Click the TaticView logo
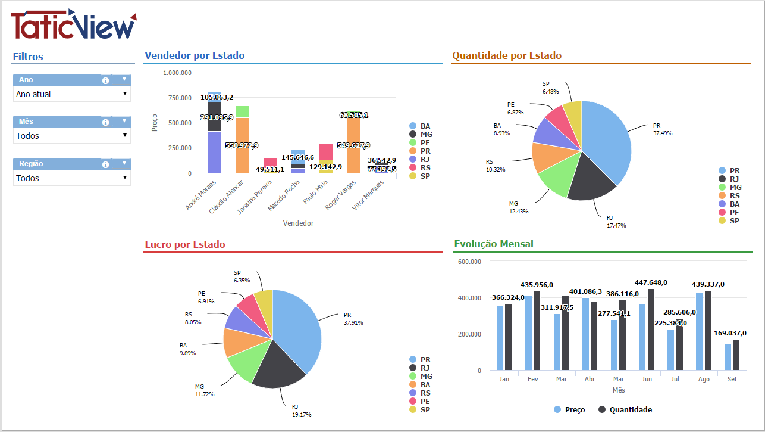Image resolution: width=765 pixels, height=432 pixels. click(x=73, y=25)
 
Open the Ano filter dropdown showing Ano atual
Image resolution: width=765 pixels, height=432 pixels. click(x=71, y=94)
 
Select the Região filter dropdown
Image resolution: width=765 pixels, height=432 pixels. click(x=71, y=178)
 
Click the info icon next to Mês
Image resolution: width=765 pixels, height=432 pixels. click(x=105, y=122)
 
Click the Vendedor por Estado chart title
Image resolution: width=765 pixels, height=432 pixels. click(x=194, y=56)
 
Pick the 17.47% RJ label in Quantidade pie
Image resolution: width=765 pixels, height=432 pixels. click(x=616, y=222)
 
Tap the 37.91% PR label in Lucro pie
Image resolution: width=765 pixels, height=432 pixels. click(x=353, y=319)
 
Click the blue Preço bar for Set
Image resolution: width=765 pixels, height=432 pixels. click(x=728, y=358)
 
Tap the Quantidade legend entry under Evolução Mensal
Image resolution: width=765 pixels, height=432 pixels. click(x=625, y=410)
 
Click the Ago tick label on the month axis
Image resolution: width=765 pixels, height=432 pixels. click(x=703, y=379)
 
